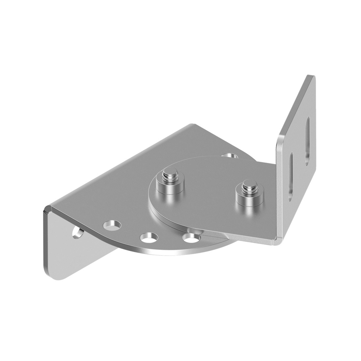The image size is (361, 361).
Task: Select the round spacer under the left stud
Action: point(171,189)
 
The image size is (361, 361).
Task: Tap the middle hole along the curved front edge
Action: point(149,238)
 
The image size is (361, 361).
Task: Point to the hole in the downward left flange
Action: point(78,233)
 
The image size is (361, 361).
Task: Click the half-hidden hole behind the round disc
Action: point(230,155)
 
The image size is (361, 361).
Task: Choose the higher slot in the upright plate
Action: point(307,140)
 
